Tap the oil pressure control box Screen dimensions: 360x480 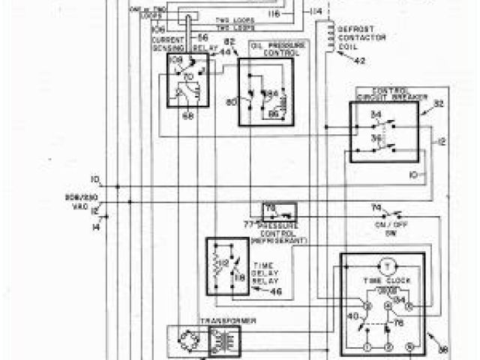pos(266,91)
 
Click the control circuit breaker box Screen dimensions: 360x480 pos(384,131)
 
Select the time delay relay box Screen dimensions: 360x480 pos(229,265)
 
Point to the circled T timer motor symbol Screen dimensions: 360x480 pos(388,265)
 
